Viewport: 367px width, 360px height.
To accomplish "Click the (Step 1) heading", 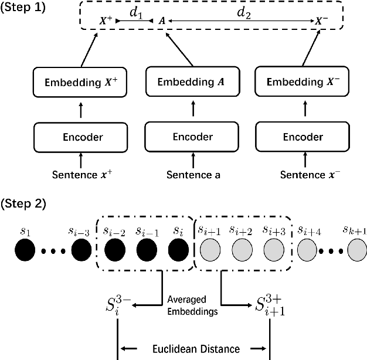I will coord(23,9).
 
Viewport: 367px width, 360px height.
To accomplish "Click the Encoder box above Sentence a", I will coord(185,137).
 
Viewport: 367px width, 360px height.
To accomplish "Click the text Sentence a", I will coord(185,175).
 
